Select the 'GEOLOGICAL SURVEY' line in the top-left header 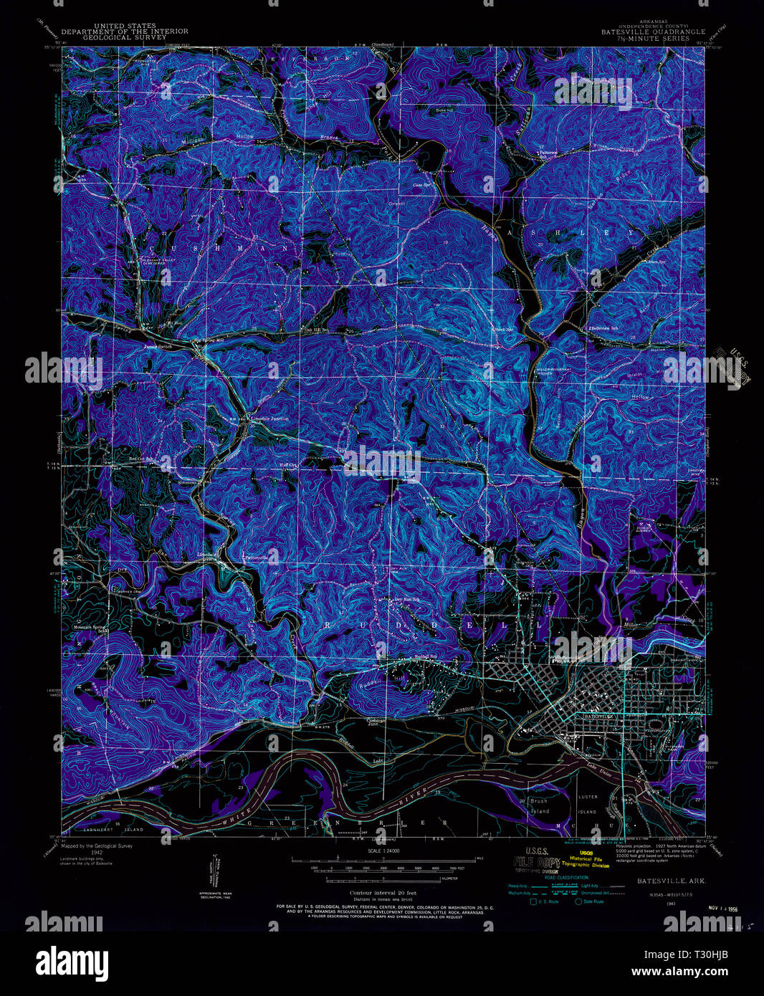(x=125, y=37)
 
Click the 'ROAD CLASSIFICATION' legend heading (x=566, y=877)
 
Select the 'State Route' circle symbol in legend (x=578, y=901)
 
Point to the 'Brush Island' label (x=539, y=805)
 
